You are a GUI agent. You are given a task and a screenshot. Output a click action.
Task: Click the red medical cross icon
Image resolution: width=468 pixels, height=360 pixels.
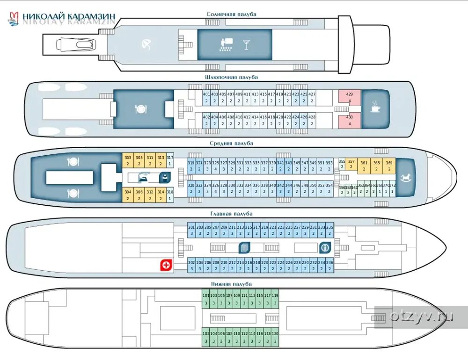click(x=166, y=265)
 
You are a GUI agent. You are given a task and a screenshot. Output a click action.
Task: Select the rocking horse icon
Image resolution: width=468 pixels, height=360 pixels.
click(x=406, y=177)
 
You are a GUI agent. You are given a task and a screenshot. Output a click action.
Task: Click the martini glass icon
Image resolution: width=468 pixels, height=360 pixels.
click(x=246, y=45)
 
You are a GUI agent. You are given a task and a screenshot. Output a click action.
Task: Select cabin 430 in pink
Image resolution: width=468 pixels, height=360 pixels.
click(x=350, y=120)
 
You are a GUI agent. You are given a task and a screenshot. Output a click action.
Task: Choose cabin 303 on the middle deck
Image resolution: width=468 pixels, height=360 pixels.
click(x=127, y=160)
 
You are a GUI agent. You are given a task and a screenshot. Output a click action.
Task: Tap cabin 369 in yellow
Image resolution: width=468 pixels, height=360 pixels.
click(x=389, y=166)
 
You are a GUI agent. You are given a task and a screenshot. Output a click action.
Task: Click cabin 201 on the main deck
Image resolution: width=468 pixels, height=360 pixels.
click(x=191, y=230)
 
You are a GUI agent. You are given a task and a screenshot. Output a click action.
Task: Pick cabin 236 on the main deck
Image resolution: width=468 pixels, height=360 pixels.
click(x=329, y=265)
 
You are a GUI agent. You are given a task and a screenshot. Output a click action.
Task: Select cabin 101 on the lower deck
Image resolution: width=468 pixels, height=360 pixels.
click(x=206, y=299)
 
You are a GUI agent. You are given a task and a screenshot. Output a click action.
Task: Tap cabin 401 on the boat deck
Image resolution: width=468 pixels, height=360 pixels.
click(x=206, y=97)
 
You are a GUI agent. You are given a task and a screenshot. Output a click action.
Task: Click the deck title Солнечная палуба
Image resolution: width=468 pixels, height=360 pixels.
click(x=231, y=14)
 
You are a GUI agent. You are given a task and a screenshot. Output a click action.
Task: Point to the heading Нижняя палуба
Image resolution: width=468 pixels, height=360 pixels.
click(x=231, y=284)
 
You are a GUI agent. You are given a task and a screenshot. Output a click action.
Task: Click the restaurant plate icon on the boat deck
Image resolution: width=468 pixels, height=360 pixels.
click(x=140, y=109)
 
